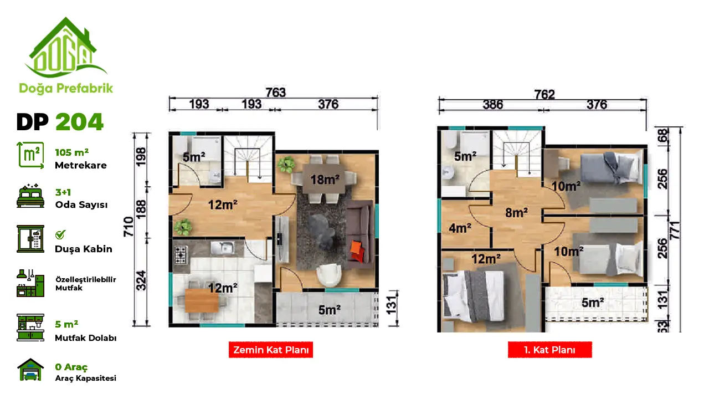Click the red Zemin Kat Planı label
pos(271,350)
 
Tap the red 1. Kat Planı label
pos(550,350)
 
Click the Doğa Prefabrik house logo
pos(66,48)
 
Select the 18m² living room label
pos(325,180)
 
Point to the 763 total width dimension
pos(276,93)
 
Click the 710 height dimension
pos(129,227)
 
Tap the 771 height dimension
pos(675,230)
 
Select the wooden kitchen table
pos(202,300)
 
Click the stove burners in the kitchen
pos(180,255)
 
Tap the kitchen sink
pos(223,247)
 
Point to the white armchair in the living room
pos(329,274)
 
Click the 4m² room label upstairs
pos(460,228)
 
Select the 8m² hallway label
pos(517,212)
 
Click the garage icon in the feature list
pos(30,370)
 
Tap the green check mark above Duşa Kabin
pos(60,234)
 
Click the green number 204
pos(79,122)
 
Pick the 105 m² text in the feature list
pos(72,152)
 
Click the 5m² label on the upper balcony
pos(593,303)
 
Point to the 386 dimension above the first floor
pos(493,104)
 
